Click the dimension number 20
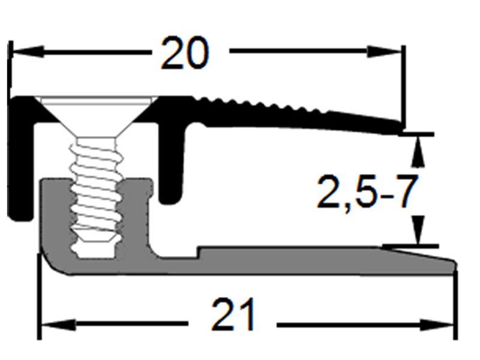185,53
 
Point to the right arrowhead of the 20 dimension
387,52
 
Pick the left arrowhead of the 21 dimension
57,325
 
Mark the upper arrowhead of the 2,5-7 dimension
419,149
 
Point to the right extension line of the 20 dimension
404,84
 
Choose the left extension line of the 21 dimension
39,300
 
